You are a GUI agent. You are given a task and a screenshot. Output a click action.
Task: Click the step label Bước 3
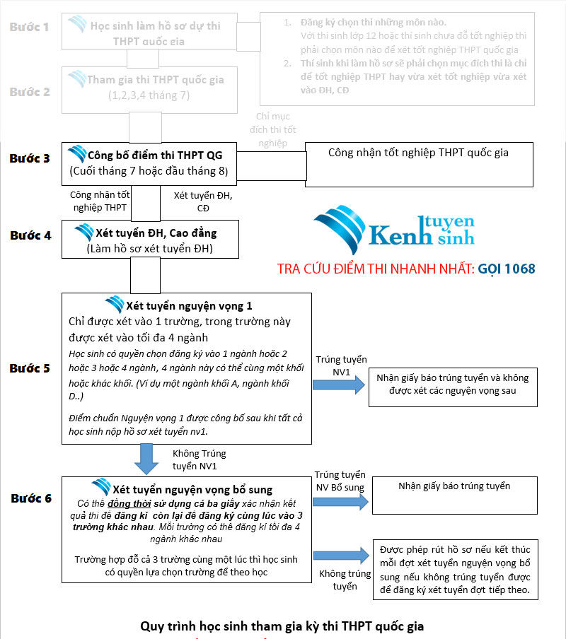(30, 158)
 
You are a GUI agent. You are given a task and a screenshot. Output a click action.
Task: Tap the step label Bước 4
(30, 235)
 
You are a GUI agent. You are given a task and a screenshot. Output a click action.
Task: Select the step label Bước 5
(30, 368)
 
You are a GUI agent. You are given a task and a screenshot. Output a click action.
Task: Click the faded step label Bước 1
(30, 28)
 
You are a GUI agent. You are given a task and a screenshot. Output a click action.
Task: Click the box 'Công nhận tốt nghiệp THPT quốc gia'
(418, 164)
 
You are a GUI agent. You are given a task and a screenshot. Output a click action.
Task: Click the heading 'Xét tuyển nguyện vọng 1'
(188, 306)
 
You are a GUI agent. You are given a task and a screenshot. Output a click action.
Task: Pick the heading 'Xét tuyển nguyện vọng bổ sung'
(192, 489)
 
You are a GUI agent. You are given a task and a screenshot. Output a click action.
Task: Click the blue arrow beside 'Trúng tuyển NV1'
(339, 385)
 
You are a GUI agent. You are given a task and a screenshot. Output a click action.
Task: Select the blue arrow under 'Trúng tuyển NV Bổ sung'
(341, 502)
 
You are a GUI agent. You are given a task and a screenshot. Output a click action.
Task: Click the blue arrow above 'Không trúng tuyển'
(341, 556)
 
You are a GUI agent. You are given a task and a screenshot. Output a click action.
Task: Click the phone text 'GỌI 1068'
(507, 269)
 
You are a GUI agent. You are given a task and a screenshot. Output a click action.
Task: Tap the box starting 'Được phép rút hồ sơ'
(455, 570)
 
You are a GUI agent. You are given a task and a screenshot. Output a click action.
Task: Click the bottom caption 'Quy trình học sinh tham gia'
(282, 626)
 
